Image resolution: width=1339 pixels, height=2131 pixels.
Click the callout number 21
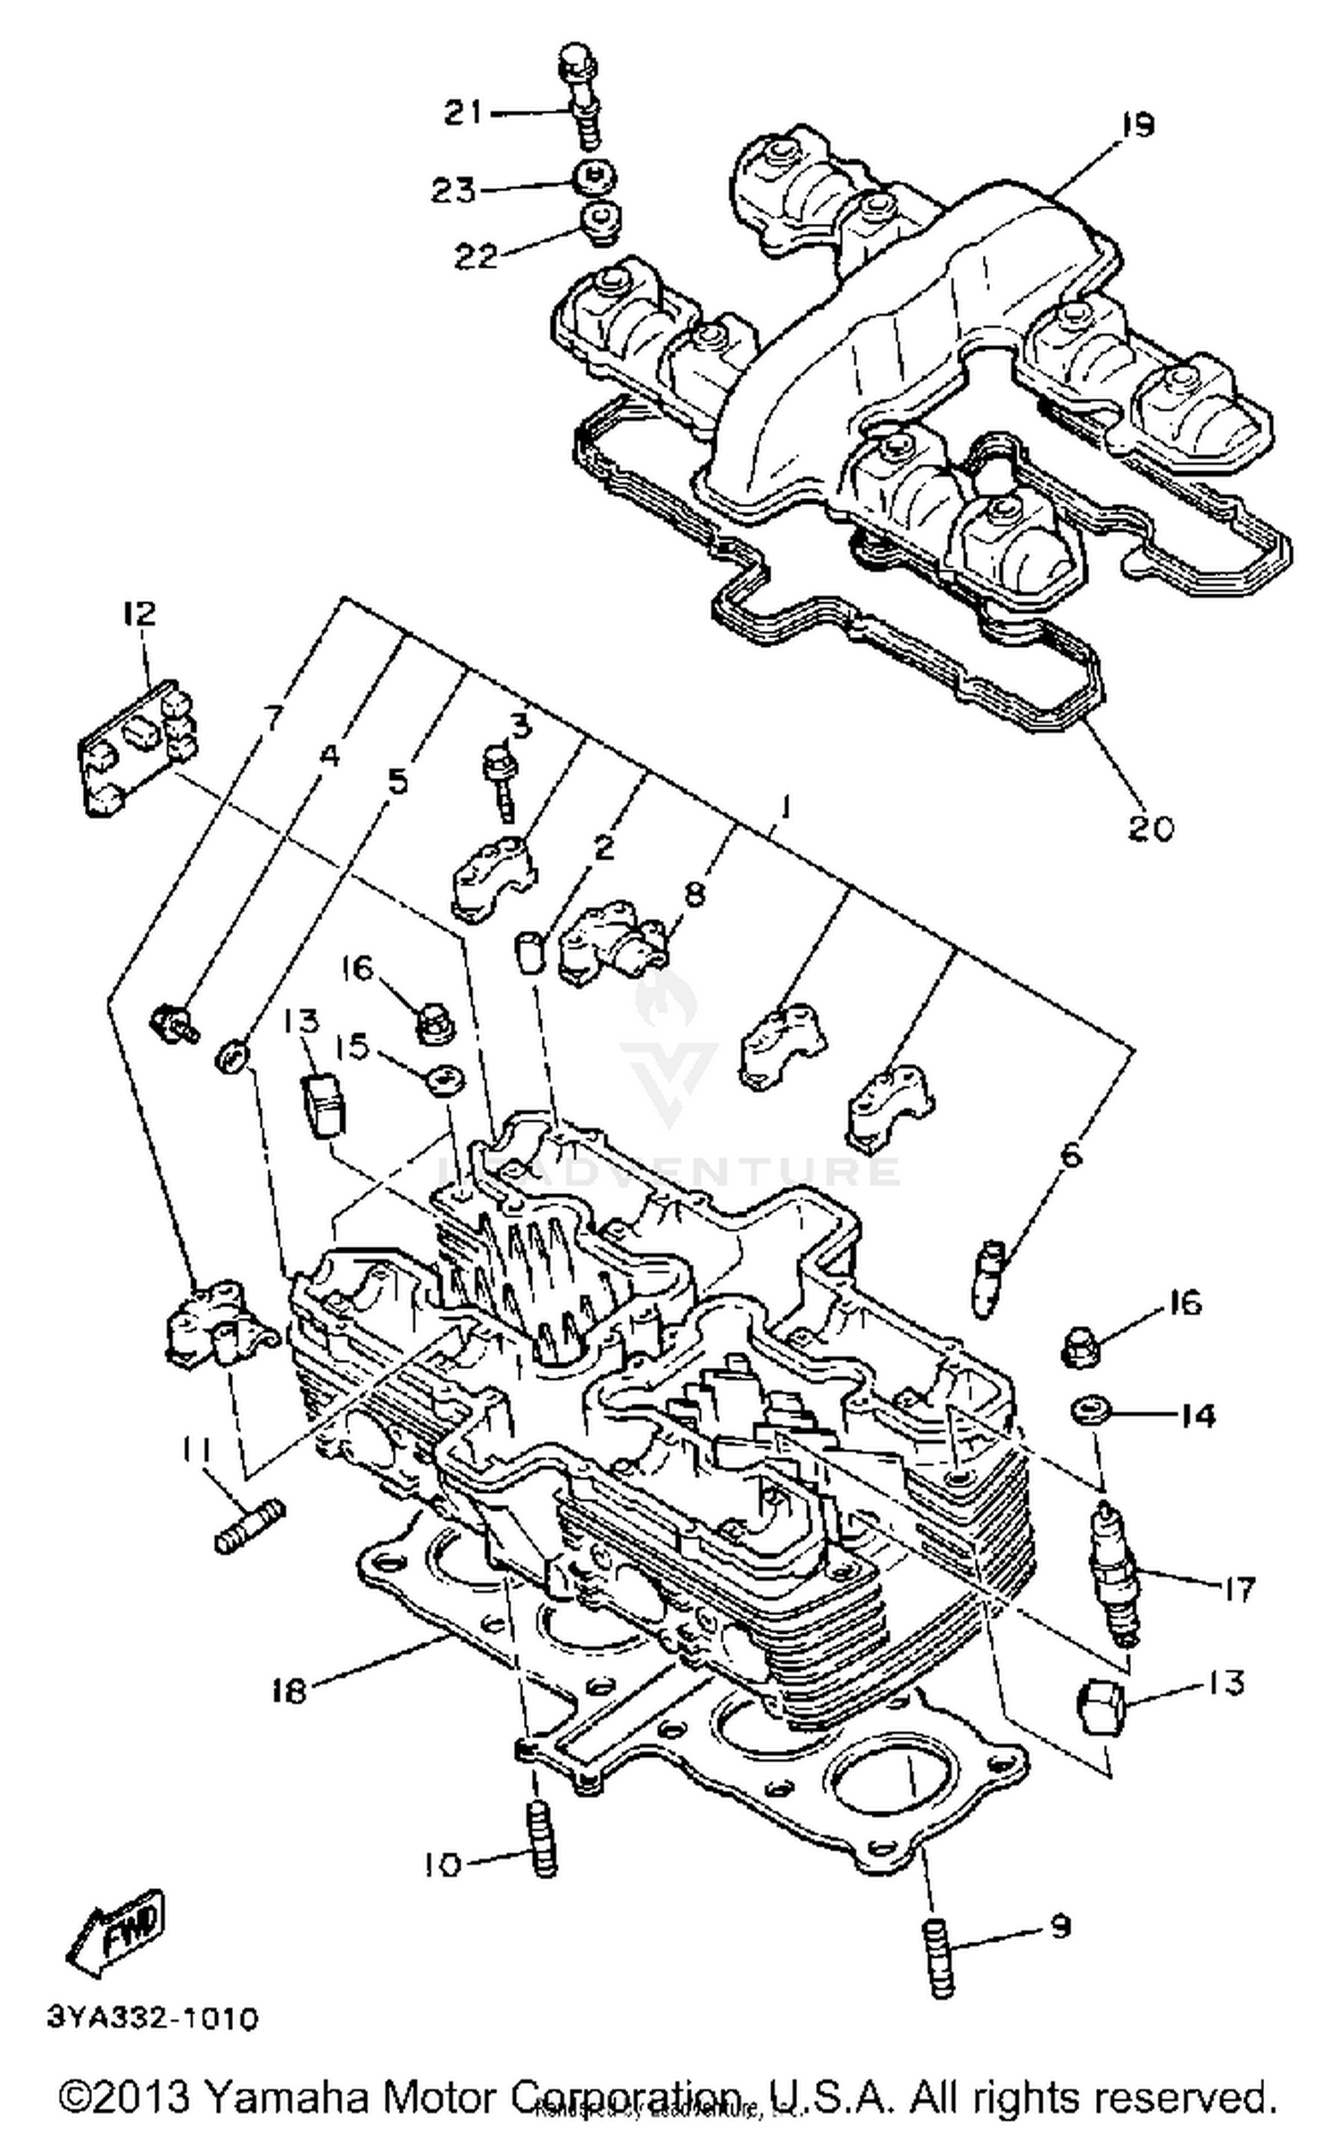[464, 113]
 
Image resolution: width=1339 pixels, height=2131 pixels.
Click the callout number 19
[1136, 125]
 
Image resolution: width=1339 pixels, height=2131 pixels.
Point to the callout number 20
[1150, 828]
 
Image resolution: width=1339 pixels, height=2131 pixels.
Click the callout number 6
[1071, 1155]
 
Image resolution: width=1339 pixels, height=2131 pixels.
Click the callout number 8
[695, 892]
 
